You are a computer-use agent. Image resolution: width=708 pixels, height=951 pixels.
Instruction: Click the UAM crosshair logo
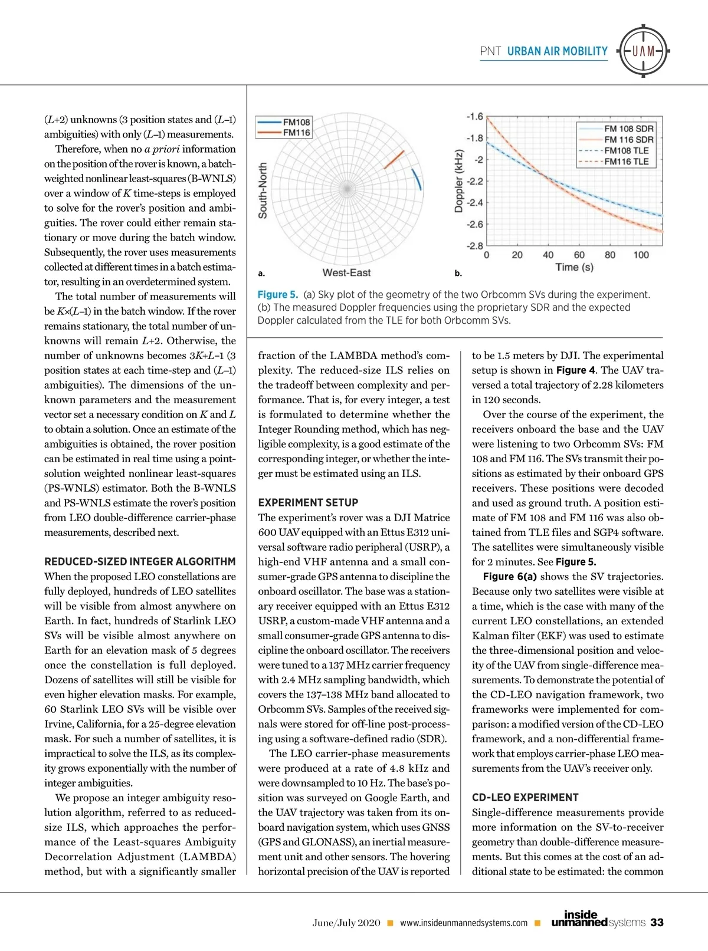click(x=643, y=51)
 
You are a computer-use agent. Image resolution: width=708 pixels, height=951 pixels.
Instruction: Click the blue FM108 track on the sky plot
click(x=418, y=179)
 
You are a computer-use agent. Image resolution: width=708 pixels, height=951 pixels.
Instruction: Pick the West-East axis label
click(x=346, y=272)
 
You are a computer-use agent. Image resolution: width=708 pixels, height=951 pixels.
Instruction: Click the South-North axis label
click(x=263, y=191)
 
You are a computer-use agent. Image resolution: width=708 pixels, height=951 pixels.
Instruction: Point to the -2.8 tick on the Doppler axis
click(x=474, y=246)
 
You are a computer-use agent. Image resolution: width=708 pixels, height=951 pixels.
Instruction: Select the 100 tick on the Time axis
click(x=641, y=255)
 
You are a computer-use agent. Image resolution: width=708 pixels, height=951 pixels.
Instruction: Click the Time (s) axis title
click(x=574, y=268)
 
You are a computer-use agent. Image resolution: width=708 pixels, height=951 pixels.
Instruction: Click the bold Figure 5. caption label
click(x=277, y=294)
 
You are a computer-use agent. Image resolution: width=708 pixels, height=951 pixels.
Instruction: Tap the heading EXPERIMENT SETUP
click(x=308, y=503)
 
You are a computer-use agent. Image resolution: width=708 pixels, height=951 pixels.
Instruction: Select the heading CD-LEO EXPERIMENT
click(x=525, y=798)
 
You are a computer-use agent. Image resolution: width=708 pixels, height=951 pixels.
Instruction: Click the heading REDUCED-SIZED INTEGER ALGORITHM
click(x=140, y=562)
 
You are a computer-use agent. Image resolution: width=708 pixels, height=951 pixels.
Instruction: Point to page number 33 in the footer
click(x=657, y=923)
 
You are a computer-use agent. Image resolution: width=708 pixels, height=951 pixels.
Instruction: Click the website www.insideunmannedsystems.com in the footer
click(x=463, y=923)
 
